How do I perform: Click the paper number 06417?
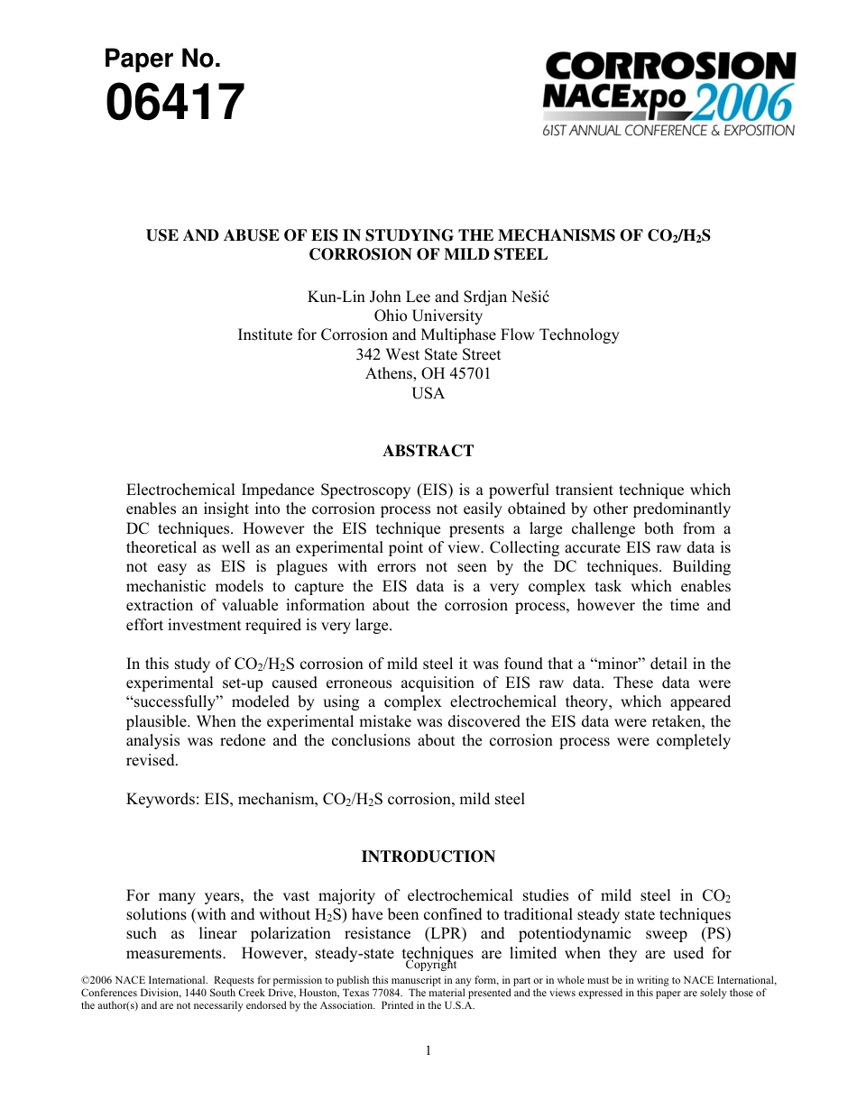[175, 103]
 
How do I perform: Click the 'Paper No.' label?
[162, 60]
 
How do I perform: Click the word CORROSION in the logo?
[670, 67]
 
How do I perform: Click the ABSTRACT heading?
[428, 451]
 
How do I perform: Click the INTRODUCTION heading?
[428, 857]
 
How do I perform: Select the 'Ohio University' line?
[428, 316]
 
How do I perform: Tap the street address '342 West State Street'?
[428, 354]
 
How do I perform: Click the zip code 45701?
[469, 373]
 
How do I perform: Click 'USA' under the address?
[428, 393]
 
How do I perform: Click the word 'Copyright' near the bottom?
[430, 965]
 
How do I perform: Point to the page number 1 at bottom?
[428, 1049]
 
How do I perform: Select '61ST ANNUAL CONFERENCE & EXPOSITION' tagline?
[668, 131]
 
